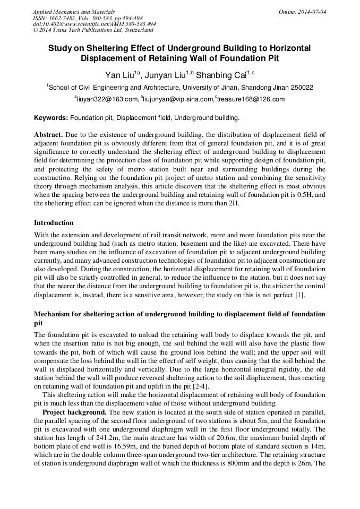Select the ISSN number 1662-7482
coord(63,18)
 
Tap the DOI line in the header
coord(94,24)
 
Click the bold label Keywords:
coord(51,117)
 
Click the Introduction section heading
coord(54,222)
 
